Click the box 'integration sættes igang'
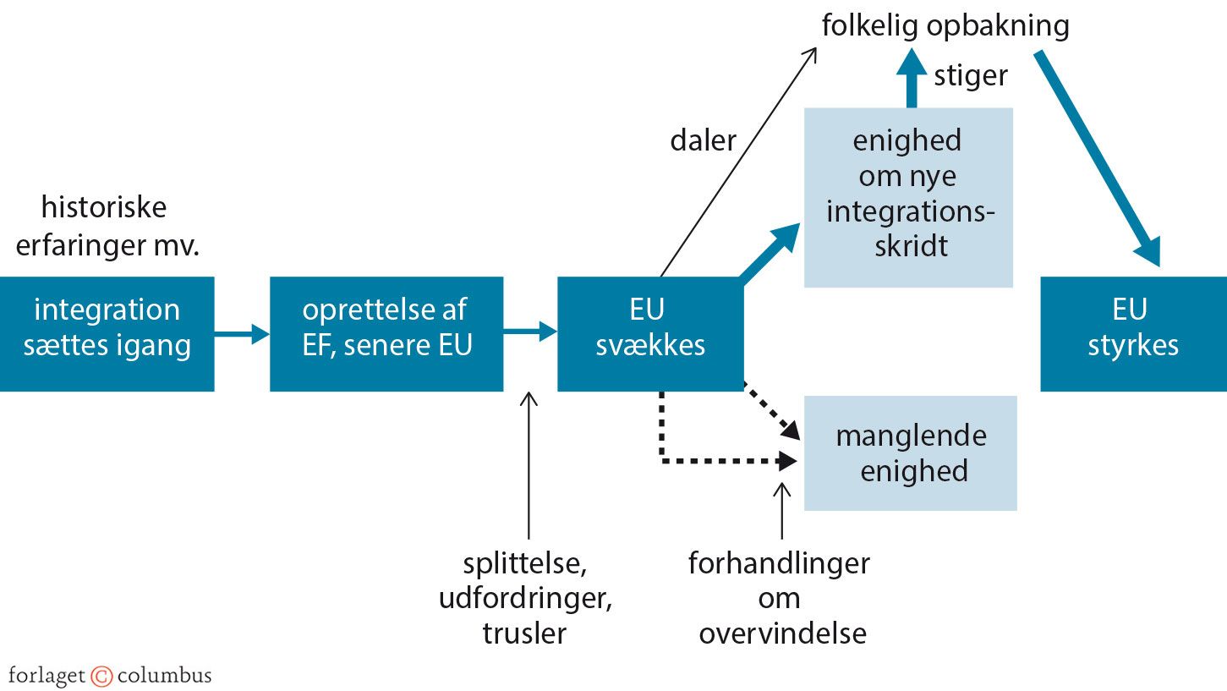[x=107, y=333]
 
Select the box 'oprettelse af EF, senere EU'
[x=386, y=333]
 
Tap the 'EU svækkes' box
[x=650, y=333]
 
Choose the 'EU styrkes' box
[x=1133, y=333]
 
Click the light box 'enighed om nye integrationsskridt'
[x=908, y=197]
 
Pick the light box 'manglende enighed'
[x=910, y=452]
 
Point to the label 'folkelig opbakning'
[x=945, y=26]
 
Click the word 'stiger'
[x=970, y=76]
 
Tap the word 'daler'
[x=703, y=140]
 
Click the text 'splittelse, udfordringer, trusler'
[x=524, y=598]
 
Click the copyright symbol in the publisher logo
[x=101, y=676]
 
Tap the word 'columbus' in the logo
[x=164, y=676]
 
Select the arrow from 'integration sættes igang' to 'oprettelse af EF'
[x=241, y=333]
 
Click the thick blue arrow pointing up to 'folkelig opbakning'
[x=911, y=78]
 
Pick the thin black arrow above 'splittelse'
[x=529, y=465]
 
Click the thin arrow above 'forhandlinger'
[x=782, y=511]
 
